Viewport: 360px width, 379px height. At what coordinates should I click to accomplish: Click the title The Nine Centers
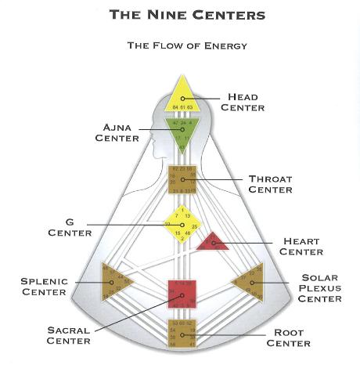(187, 14)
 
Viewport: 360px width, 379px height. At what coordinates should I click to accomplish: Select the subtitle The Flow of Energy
(187, 45)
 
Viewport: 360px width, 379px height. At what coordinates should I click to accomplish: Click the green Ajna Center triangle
(182, 128)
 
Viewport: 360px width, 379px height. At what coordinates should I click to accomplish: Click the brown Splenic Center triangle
(115, 282)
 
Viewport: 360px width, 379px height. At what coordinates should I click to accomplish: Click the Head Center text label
(242, 102)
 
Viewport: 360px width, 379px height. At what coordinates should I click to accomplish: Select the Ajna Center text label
(117, 132)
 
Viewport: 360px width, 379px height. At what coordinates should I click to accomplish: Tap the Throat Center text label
(270, 184)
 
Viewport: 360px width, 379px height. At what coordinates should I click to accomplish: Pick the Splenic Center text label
(44, 287)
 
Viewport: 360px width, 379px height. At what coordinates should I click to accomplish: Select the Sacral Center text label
(68, 335)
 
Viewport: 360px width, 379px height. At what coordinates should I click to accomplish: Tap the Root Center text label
(288, 337)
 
